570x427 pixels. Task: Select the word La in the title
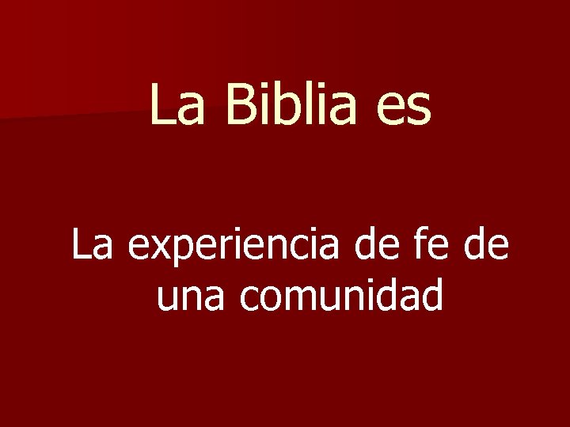175,106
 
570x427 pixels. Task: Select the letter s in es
420,111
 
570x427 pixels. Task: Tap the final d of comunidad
431,297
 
